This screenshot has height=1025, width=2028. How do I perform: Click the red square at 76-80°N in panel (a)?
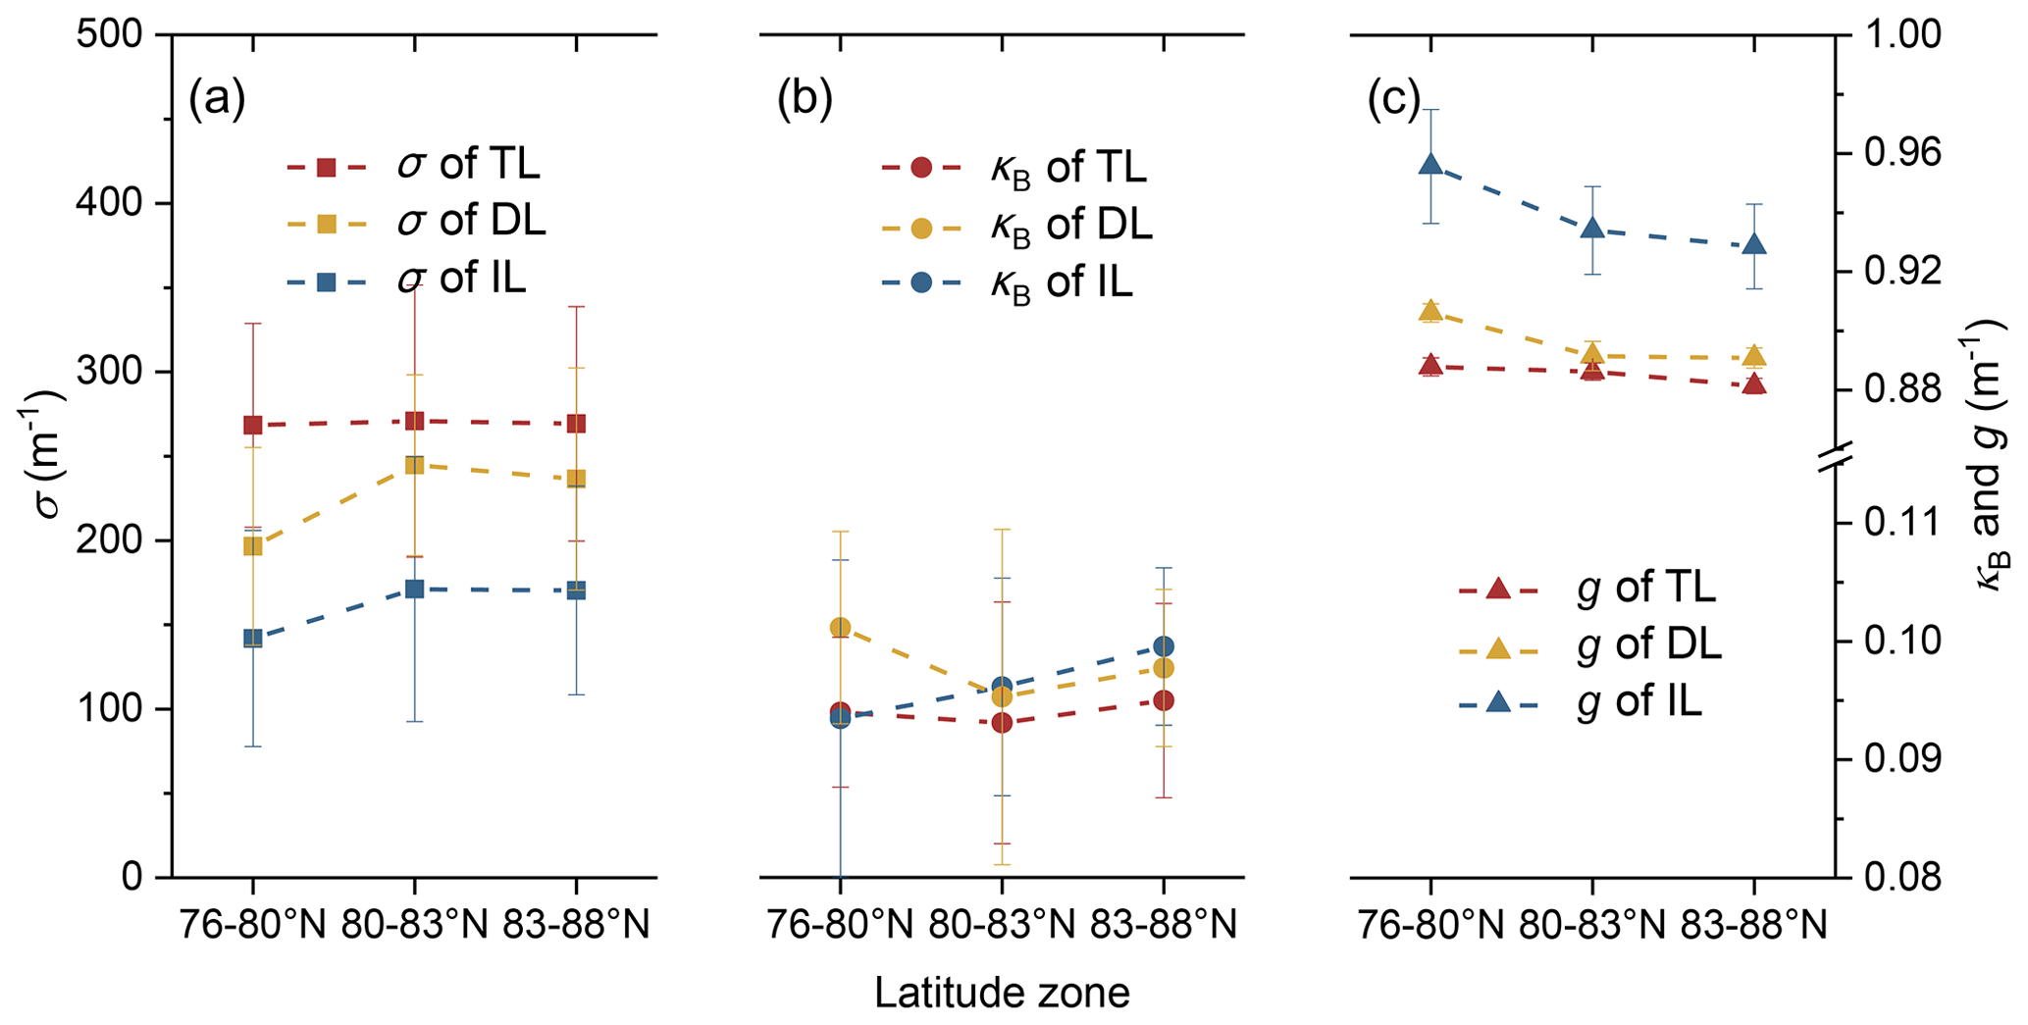coord(253,425)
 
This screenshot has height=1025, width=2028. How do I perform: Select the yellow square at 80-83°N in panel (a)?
coord(414,465)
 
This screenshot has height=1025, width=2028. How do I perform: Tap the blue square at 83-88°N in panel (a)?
coord(576,590)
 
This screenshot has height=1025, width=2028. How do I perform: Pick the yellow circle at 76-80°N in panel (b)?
coord(840,627)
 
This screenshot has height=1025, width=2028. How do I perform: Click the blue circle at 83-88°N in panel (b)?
coord(1164,646)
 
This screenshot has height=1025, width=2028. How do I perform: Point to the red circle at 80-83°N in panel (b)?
coord(1002,723)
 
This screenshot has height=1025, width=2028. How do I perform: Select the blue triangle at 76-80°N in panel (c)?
coord(1430,164)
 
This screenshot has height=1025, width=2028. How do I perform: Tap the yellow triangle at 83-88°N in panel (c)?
coord(1755,356)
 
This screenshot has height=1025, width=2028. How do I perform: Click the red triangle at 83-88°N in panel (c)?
coord(1755,384)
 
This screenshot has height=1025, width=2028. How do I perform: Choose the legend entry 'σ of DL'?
coord(471,223)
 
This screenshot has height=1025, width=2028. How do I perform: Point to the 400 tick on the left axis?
coord(119,204)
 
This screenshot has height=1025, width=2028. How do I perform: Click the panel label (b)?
coord(805,99)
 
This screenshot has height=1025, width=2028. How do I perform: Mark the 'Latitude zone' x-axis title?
coord(1002,993)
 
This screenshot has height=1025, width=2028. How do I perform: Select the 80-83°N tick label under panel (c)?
coord(1592,925)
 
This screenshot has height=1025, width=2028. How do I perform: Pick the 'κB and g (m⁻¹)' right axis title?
coord(1992,461)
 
